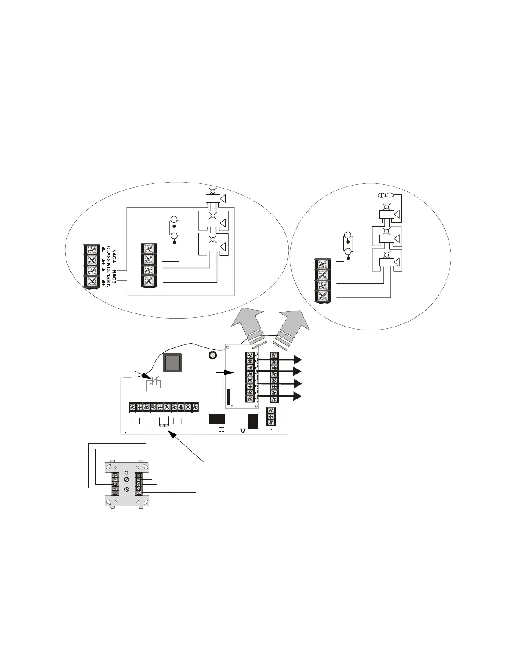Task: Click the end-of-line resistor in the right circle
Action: pos(385,195)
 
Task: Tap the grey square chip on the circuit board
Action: pos(172,363)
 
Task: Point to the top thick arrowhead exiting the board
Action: pos(298,360)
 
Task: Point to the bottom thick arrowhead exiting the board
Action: pos(298,396)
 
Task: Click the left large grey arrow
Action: pos(246,324)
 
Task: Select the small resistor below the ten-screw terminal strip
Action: pos(164,425)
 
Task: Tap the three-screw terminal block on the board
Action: pos(271,416)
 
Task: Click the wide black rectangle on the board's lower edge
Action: pos(217,419)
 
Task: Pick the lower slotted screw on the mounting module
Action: pos(127,489)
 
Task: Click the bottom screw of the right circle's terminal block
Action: pos(322,296)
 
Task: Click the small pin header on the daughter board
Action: pos(229,397)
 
